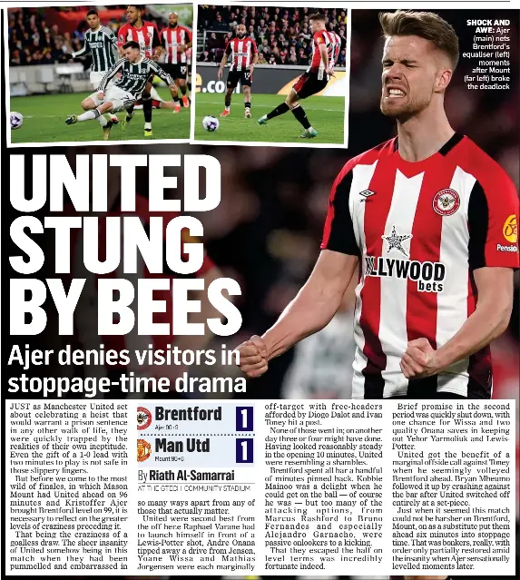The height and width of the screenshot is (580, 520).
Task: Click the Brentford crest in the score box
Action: (144, 418)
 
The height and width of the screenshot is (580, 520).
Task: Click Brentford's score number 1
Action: (243, 418)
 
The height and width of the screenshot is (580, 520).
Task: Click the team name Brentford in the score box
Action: (188, 414)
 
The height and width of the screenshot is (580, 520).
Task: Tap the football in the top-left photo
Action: (16, 119)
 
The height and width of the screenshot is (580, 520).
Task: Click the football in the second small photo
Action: (211, 123)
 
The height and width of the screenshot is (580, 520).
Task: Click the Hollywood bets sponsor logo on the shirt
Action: (406, 270)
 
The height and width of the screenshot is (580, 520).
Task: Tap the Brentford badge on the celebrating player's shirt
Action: (446, 202)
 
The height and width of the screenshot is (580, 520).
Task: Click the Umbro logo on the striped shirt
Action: (367, 193)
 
